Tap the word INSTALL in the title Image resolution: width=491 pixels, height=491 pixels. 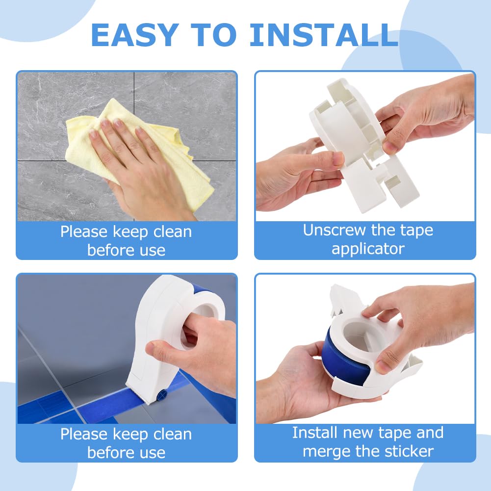point(324,35)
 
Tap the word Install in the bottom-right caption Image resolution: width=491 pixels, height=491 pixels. point(315,433)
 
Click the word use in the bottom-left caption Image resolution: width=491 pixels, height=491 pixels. point(152,452)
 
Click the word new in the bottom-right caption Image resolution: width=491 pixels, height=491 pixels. point(361,433)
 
